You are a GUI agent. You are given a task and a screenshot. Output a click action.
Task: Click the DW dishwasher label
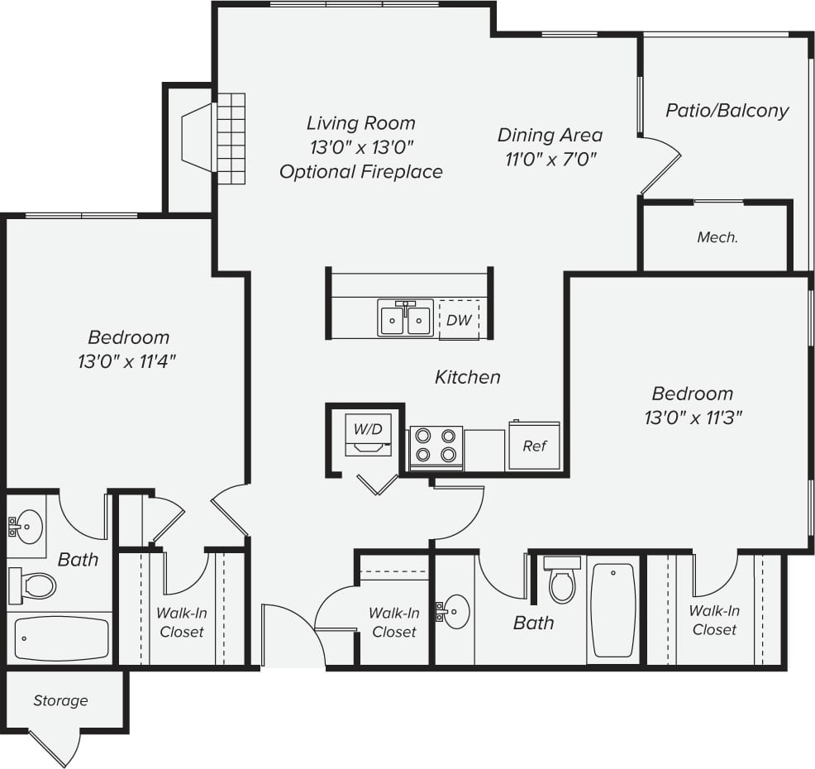[459, 320]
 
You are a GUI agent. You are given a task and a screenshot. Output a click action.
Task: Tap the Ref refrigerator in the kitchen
[534, 446]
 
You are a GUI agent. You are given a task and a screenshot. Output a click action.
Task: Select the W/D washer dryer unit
[368, 435]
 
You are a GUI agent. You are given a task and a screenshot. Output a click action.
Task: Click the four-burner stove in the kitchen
[436, 446]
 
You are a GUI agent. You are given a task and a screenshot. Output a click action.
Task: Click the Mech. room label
[717, 237]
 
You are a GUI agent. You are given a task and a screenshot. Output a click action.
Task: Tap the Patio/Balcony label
[727, 110]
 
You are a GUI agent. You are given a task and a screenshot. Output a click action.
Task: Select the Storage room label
[60, 700]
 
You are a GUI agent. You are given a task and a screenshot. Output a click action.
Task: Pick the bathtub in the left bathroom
[62, 638]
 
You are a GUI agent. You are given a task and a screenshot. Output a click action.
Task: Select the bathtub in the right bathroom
[613, 610]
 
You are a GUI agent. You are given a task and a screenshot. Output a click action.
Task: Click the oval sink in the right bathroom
[454, 612]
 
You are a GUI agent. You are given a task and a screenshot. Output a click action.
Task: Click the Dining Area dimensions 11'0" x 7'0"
[550, 158]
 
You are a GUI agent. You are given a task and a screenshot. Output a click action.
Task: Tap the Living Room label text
[361, 123]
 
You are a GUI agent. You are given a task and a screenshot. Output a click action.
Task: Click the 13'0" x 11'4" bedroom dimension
[129, 361]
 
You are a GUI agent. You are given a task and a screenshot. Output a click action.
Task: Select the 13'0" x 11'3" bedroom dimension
[693, 417]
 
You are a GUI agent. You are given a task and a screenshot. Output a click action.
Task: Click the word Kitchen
[468, 377]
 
